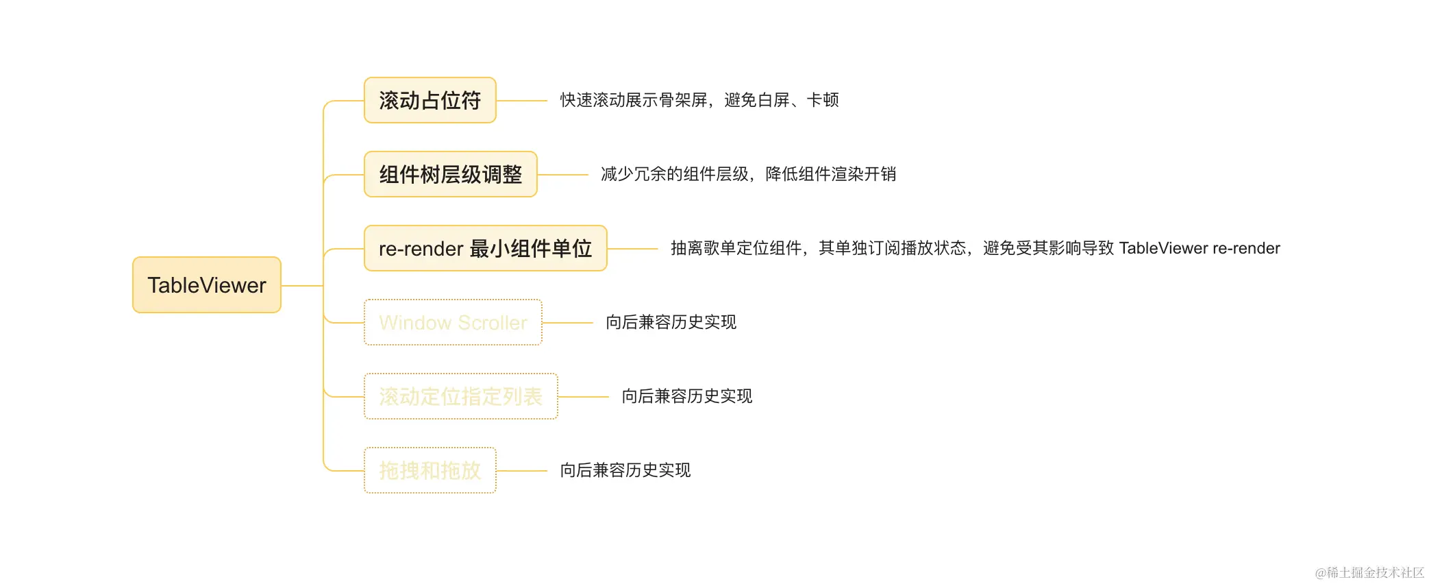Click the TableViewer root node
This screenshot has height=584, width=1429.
tap(206, 285)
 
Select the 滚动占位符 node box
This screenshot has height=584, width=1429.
tap(430, 101)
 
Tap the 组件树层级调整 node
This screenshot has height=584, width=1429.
tap(450, 175)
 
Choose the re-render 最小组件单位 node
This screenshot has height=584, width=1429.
tap(485, 248)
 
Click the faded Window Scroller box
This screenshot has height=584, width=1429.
tap(453, 322)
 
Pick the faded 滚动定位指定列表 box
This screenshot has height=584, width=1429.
tap(460, 396)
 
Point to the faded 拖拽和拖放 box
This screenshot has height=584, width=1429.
tap(430, 470)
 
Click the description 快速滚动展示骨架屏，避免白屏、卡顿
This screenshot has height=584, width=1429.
tap(699, 100)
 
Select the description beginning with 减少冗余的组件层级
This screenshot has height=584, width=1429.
tap(748, 174)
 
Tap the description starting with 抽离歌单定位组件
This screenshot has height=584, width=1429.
tap(891, 248)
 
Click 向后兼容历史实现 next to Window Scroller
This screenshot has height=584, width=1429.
tap(671, 322)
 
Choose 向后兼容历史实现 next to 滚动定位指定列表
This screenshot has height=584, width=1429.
tap(686, 396)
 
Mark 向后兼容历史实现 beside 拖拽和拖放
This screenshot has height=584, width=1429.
tap(625, 470)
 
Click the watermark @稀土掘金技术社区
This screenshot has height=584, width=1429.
tap(1369, 572)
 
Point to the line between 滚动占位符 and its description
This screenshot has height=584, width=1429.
tap(521, 101)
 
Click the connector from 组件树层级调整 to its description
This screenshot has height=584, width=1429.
tap(562, 175)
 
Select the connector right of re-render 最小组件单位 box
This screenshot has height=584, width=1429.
tap(632, 249)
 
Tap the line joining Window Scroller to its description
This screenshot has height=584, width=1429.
tap(567, 323)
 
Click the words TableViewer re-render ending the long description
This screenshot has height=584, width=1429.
tap(1199, 248)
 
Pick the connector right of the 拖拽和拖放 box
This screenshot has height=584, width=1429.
tap(521, 471)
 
